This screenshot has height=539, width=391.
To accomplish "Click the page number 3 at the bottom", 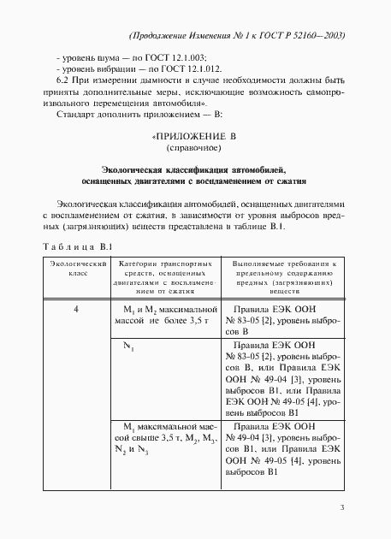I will pos(341,508).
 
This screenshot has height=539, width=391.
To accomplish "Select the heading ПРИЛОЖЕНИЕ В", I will pos(193,136).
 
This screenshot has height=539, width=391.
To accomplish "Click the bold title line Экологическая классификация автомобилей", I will pos(193,170).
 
